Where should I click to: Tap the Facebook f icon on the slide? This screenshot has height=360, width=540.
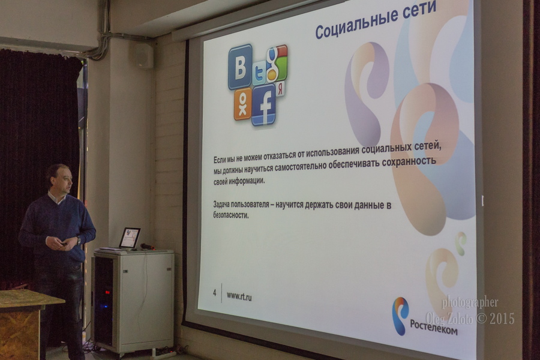coord(264,104)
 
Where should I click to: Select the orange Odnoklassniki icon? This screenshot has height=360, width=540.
coord(242,104)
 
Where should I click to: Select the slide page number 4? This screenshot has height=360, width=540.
coord(215,293)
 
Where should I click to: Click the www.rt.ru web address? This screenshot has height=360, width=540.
coord(239,296)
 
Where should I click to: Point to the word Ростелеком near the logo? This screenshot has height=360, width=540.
coord(434,327)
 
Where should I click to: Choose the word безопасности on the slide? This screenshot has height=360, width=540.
coord(231,215)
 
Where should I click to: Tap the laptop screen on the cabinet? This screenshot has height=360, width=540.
coord(130,238)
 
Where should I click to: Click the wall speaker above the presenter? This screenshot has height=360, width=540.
coord(141,55)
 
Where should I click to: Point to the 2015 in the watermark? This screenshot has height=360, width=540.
coord(502,319)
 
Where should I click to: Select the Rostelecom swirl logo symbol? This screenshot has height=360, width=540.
coord(401,316)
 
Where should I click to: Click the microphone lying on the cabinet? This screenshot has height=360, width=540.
coord(148,247)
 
